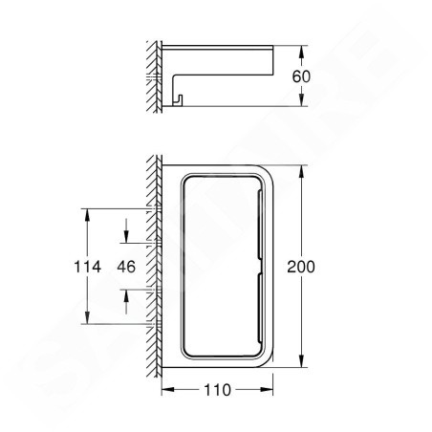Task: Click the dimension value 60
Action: (x=301, y=76)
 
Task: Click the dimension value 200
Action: (x=301, y=267)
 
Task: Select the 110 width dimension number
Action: (x=217, y=390)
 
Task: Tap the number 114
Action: (x=87, y=267)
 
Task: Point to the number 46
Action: (x=126, y=267)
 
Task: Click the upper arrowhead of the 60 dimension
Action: (x=301, y=52)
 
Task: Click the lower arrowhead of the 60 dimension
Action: (x=301, y=99)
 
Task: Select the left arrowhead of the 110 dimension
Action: (x=168, y=389)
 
